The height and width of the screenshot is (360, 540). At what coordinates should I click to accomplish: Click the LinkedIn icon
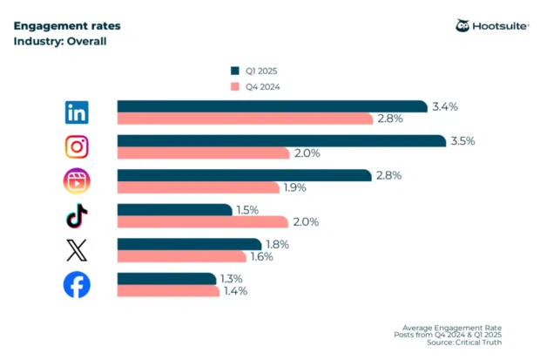pyautogui.click(x=77, y=112)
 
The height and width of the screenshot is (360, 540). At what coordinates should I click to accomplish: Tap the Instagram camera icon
pyautogui.click(x=77, y=146)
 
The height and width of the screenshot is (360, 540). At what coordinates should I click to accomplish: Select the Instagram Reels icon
pyautogui.click(x=77, y=180)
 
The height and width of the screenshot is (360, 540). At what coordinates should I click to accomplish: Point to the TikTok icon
pyautogui.click(x=77, y=215)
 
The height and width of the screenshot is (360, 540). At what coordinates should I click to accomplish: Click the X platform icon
pyautogui.click(x=77, y=250)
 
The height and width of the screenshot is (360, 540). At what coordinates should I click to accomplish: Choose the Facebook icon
pyautogui.click(x=77, y=285)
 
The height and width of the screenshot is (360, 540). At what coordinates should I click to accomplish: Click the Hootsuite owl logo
pyautogui.click(x=463, y=25)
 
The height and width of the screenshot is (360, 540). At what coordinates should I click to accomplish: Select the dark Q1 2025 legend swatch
pyautogui.click(x=233, y=70)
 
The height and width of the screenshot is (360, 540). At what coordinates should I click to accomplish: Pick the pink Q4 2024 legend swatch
pyautogui.click(x=233, y=86)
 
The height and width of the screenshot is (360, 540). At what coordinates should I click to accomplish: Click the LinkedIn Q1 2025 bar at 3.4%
pyautogui.click(x=272, y=106)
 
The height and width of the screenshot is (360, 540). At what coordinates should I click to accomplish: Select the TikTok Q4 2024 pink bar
pyautogui.click(x=202, y=221)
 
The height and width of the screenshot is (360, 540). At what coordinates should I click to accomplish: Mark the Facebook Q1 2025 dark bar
pyautogui.click(x=166, y=279)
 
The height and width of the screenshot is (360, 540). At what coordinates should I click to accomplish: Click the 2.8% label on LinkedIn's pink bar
pyautogui.click(x=389, y=119)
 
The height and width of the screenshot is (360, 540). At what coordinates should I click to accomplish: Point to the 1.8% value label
pyautogui.click(x=275, y=244)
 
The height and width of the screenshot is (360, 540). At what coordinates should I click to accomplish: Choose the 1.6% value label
pyautogui.click(x=261, y=256)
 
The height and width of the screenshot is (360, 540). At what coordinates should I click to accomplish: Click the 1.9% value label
pyautogui.click(x=294, y=187)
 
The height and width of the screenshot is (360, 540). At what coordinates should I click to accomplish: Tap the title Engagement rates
pyautogui.click(x=67, y=25)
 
